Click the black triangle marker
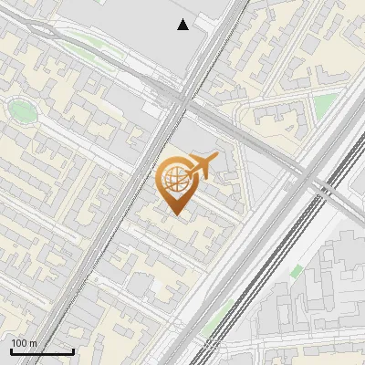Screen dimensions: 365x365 click(x=183, y=25)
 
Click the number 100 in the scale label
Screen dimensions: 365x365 click(x=19, y=343)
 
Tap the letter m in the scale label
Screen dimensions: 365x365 click(x=33, y=343)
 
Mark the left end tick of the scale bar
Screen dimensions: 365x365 click(x=11, y=350)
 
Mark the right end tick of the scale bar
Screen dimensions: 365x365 click(x=73, y=350)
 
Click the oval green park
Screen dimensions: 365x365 click(x=22, y=111)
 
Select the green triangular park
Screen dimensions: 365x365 click(x=324, y=105)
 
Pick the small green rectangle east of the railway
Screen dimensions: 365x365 click(x=297, y=271)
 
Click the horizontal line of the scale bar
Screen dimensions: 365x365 click(x=42, y=352)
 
